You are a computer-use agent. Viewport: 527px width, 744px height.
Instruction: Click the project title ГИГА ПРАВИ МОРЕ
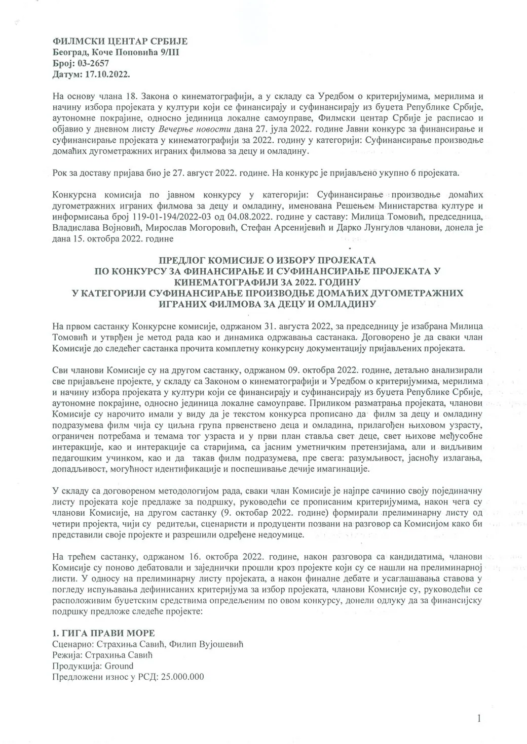(108, 633)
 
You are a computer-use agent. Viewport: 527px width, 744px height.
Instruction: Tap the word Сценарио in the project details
(72, 644)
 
